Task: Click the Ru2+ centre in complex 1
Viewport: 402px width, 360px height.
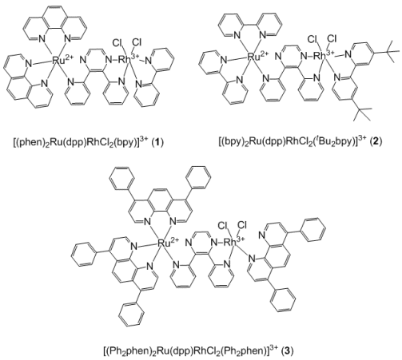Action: click(x=61, y=60)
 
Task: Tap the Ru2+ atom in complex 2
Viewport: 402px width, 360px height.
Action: click(x=257, y=56)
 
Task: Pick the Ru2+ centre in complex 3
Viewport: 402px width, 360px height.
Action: click(x=168, y=242)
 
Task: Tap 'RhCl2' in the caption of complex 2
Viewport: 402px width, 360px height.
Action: click(x=301, y=141)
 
